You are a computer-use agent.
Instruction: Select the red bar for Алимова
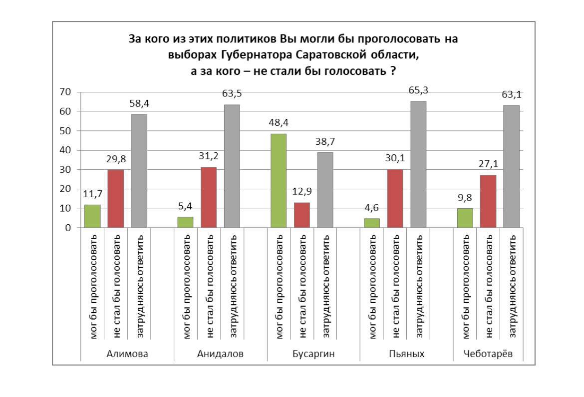click(x=116, y=199)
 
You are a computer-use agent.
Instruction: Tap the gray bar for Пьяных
click(x=418, y=164)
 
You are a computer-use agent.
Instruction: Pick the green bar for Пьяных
click(x=372, y=223)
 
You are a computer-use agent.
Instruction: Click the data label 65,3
click(x=418, y=90)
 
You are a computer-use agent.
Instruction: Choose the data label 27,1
click(x=488, y=164)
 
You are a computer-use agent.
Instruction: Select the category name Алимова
click(x=127, y=354)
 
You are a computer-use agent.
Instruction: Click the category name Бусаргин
click(x=313, y=354)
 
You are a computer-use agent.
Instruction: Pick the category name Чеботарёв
click(x=487, y=354)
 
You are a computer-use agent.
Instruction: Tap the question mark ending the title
click(x=393, y=70)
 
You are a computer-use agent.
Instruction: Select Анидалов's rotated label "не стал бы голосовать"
click(x=209, y=288)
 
